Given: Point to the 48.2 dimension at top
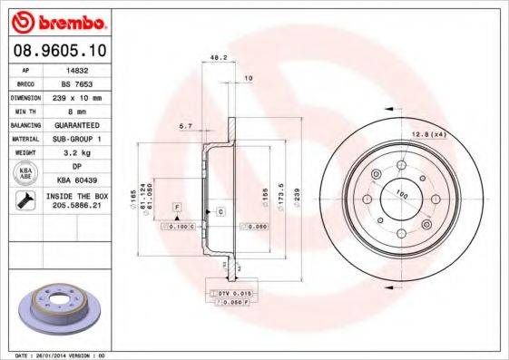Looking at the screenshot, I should tap(218, 57).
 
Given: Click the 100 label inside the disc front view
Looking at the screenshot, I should tap(399, 192).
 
